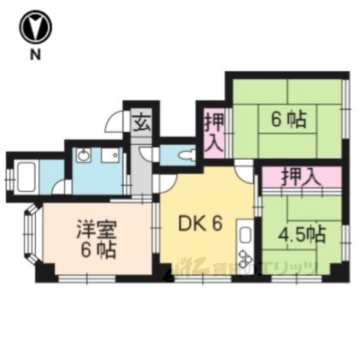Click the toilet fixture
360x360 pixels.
pos(186,155)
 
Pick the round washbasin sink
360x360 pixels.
pos(83,157)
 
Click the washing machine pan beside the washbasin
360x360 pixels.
pos(110,157)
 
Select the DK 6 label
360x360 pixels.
pos(199,223)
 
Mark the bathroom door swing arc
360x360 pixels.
pos(66,187)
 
